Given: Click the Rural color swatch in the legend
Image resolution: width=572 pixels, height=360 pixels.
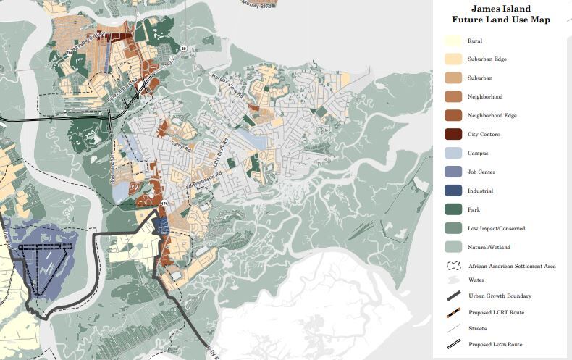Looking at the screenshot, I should click(x=454, y=41).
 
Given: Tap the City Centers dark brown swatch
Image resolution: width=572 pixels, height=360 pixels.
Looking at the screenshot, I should click(x=454, y=135).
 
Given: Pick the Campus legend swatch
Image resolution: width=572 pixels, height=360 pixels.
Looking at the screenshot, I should click(x=454, y=154).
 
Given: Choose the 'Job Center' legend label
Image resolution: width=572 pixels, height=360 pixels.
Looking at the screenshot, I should click(x=481, y=172).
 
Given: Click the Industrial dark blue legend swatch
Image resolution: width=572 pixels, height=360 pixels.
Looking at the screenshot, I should click(x=454, y=191).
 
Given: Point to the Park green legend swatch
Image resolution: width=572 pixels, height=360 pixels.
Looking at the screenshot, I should click(x=454, y=210).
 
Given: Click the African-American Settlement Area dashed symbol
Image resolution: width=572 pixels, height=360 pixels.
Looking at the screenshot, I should click(x=454, y=267).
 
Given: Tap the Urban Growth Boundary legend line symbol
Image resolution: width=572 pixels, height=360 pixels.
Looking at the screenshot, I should click(x=454, y=296).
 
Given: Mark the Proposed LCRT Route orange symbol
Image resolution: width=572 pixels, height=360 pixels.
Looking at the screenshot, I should click(x=454, y=312).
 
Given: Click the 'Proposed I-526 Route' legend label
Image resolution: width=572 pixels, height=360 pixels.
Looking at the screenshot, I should click(x=496, y=344).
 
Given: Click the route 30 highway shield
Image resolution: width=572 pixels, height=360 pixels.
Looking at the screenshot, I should click(x=185, y=49).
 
